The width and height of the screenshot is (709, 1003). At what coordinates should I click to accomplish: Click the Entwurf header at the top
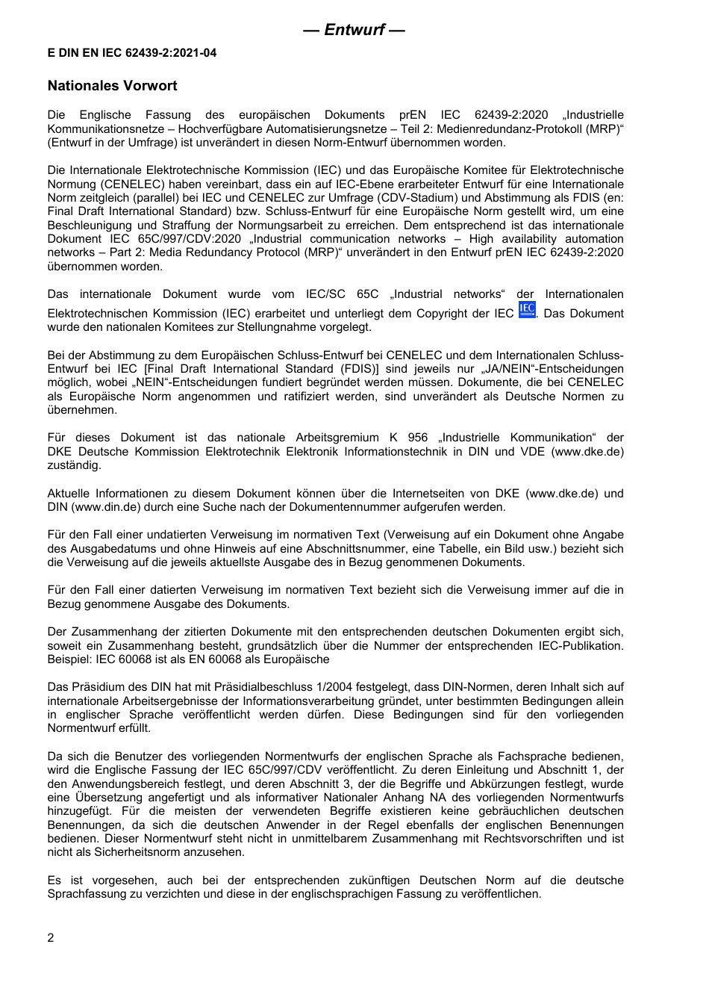click(354, 30)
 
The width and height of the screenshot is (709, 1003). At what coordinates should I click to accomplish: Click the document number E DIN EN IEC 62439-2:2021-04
click(132, 54)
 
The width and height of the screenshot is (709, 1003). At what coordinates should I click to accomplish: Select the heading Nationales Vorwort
click(112, 86)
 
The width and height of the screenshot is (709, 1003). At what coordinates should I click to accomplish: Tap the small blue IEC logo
click(526, 310)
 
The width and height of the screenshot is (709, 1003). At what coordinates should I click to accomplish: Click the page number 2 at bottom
click(51, 938)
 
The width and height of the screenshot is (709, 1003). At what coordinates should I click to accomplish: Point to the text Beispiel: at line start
click(69, 659)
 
